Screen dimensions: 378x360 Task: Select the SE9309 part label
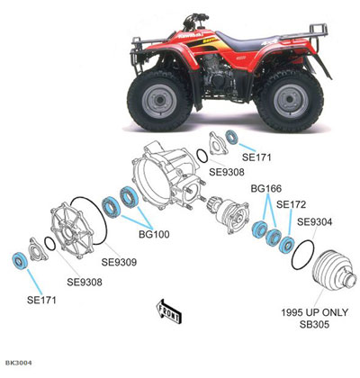tap(119, 263)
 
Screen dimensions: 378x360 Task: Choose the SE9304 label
tap(315, 221)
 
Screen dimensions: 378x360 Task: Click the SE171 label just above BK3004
tap(44, 298)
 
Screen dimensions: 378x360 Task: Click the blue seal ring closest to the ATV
tap(231, 138)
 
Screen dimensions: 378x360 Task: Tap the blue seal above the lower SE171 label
tap(18, 262)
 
